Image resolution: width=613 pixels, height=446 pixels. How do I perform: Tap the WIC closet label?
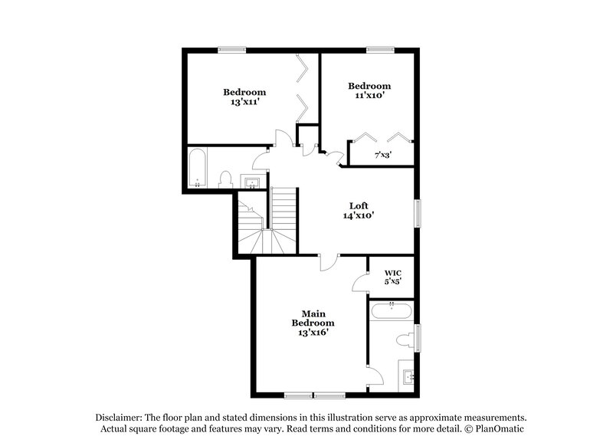393,273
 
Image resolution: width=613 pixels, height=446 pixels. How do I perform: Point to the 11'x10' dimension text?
369,96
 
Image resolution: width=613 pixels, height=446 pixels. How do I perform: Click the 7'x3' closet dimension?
383,155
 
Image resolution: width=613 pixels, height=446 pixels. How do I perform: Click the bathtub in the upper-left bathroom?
198,169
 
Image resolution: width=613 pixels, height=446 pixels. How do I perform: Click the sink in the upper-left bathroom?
251,182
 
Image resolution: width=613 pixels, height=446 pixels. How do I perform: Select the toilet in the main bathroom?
405,340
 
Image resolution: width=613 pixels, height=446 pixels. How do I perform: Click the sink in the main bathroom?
408,376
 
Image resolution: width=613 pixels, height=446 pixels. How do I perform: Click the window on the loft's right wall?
418,213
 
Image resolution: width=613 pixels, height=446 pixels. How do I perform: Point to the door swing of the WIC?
360,284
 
